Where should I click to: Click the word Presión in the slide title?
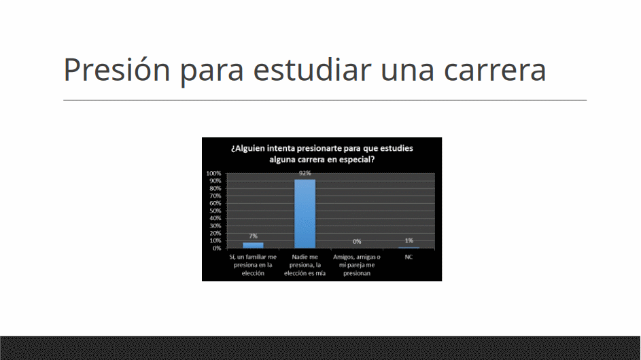(116, 69)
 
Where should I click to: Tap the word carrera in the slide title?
(495, 70)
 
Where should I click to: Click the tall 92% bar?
(305, 214)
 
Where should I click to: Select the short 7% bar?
(253, 245)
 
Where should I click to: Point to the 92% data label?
(305, 173)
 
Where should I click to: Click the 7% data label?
(253, 236)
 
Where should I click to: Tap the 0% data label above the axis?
(357, 242)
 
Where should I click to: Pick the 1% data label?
(409, 240)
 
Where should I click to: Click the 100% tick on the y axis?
(213, 173)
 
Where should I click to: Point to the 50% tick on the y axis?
(215, 211)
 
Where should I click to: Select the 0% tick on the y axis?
(217, 248)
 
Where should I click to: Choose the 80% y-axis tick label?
(215, 188)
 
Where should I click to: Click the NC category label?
(409, 257)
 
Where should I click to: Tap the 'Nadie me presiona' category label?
(305, 265)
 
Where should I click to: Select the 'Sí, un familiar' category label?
(253, 265)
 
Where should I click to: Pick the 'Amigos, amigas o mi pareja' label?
(357, 265)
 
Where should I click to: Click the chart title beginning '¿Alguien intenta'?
(322, 154)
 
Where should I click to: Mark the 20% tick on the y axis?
(215, 234)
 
